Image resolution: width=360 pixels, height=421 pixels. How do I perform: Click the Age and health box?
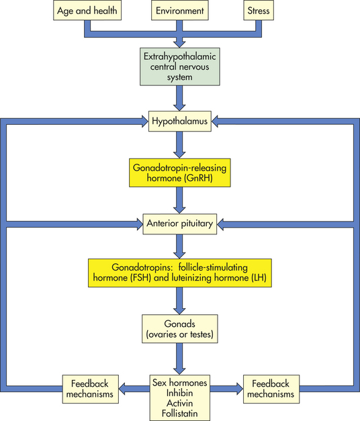point(87,10)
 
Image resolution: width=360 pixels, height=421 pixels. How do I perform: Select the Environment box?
point(180,10)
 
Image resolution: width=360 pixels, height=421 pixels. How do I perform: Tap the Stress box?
point(259,10)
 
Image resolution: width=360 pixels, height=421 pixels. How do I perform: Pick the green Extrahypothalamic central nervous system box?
point(180,66)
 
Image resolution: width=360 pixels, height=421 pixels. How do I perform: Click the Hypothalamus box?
point(180,121)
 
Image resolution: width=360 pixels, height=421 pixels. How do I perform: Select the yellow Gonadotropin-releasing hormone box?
point(180,173)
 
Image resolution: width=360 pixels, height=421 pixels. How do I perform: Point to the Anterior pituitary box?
point(180,224)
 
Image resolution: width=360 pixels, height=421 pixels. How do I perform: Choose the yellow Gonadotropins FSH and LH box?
point(180,273)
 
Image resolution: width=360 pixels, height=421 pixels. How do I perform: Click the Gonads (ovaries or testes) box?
point(180,328)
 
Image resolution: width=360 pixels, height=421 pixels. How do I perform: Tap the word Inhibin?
point(179,393)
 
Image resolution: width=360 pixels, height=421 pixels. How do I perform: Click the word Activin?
point(179,403)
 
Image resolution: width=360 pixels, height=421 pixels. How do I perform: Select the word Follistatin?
point(179,413)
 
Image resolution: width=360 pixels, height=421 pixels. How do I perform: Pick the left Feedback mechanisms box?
point(90,389)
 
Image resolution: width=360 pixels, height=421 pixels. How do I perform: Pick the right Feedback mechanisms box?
point(271,389)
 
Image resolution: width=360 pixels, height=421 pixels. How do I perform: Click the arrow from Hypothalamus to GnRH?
point(179,145)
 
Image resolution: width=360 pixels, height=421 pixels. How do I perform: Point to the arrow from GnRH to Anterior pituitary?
point(179,200)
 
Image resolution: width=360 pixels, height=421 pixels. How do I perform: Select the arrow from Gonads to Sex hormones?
point(179,359)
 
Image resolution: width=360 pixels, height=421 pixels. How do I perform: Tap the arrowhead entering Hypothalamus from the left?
point(145,122)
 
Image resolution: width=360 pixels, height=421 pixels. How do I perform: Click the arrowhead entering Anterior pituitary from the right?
point(220,224)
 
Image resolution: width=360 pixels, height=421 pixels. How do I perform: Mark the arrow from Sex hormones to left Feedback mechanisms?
point(134,389)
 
